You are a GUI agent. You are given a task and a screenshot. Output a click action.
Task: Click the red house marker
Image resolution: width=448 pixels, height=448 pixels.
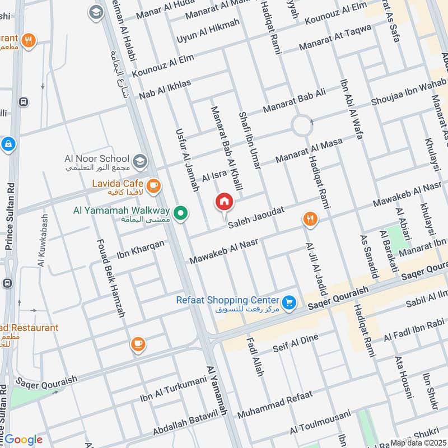[225, 202]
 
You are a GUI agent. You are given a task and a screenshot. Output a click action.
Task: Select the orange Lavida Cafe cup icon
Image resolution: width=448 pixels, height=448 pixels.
[153, 184]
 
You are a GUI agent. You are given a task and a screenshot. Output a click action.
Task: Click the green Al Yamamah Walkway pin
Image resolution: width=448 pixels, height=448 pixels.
[180, 213]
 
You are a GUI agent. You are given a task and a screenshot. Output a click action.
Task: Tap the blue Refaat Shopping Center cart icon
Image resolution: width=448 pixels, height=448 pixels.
[288, 302]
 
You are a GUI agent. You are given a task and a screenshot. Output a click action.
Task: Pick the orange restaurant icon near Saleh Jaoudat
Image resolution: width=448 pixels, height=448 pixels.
[309, 219]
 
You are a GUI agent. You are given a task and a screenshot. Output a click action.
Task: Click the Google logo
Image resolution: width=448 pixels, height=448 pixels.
[24, 440]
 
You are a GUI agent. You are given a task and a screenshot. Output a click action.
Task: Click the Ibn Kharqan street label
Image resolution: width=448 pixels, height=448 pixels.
[141, 250]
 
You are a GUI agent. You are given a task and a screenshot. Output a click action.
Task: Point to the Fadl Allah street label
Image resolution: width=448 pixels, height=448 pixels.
[254, 356]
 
